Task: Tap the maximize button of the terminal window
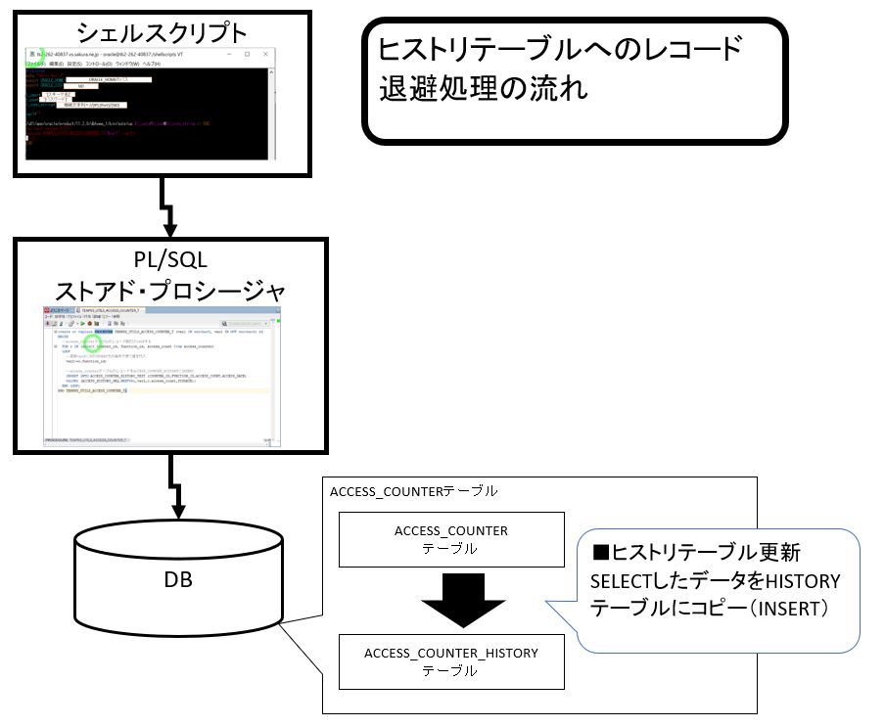click(x=248, y=54)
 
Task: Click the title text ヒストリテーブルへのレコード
click(x=561, y=49)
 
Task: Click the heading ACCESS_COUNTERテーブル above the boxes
click(x=414, y=490)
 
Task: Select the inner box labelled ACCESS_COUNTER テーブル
click(x=450, y=539)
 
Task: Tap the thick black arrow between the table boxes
click(x=450, y=600)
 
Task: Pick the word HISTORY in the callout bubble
click(x=802, y=581)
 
